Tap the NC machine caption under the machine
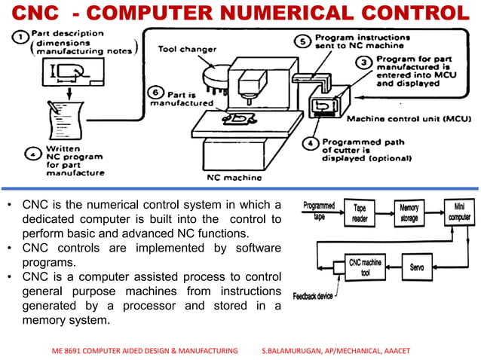click(x=234, y=178)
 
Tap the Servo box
click(x=417, y=267)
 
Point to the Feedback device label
click(x=313, y=296)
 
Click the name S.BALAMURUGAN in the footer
click(x=298, y=351)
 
